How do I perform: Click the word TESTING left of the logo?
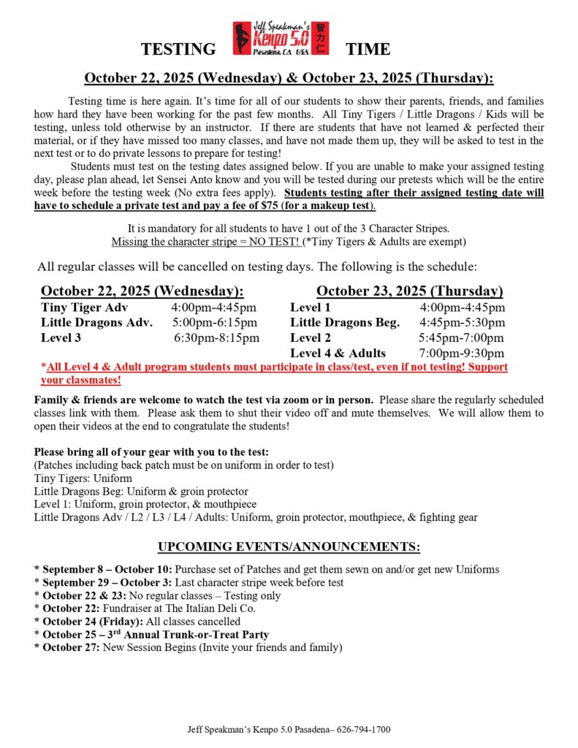tap(178, 50)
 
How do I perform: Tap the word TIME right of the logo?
tap(368, 50)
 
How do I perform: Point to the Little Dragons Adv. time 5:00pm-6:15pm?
tap(215, 322)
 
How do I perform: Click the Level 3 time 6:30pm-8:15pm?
tap(216, 337)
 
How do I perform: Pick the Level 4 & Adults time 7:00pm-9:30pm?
tap(462, 353)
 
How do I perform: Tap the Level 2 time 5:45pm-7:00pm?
tap(461, 337)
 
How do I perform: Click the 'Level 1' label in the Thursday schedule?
tap(311, 308)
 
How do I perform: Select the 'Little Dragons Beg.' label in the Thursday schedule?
tap(345, 322)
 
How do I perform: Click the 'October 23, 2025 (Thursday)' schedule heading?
tap(409, 291)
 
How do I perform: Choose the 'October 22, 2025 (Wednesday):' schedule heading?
tap(142, 291)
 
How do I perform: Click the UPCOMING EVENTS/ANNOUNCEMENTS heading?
tap(289, 547)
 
